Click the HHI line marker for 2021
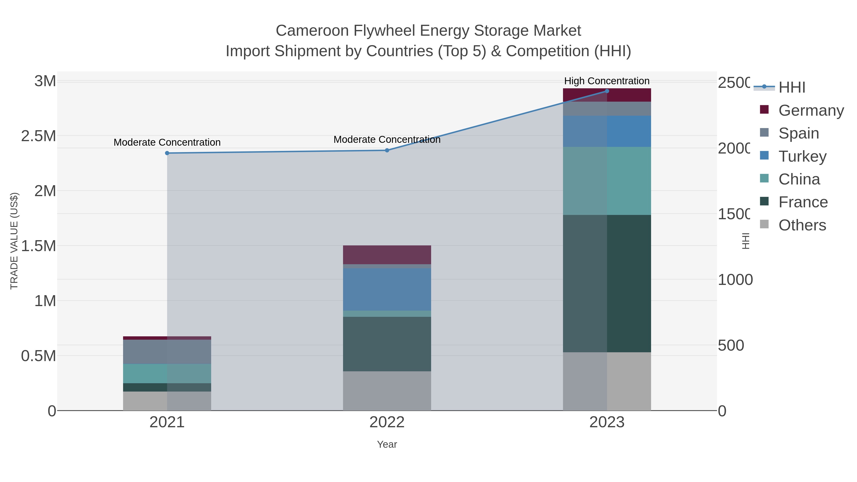[x=167, y=153]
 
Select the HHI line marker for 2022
[x=387, y=150]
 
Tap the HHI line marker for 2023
[x=607, y=91]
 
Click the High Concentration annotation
[x=607, y=81]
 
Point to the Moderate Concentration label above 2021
[x=167, y=142]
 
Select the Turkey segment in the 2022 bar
[x=387, y=289]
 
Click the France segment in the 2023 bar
[x=607, y=283]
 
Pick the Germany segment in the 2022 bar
[x=387, y=255]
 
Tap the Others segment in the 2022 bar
[x=387, y=391]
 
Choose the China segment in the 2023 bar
[x=607, y=181]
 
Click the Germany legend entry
[x=811, y=110]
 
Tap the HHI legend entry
[x=792, y=87]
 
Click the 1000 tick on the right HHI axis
[x=735, y=280]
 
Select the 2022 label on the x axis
[x=387, y=422]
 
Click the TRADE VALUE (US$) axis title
[x=14, y=241]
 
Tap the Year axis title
[x=387, y=444]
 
